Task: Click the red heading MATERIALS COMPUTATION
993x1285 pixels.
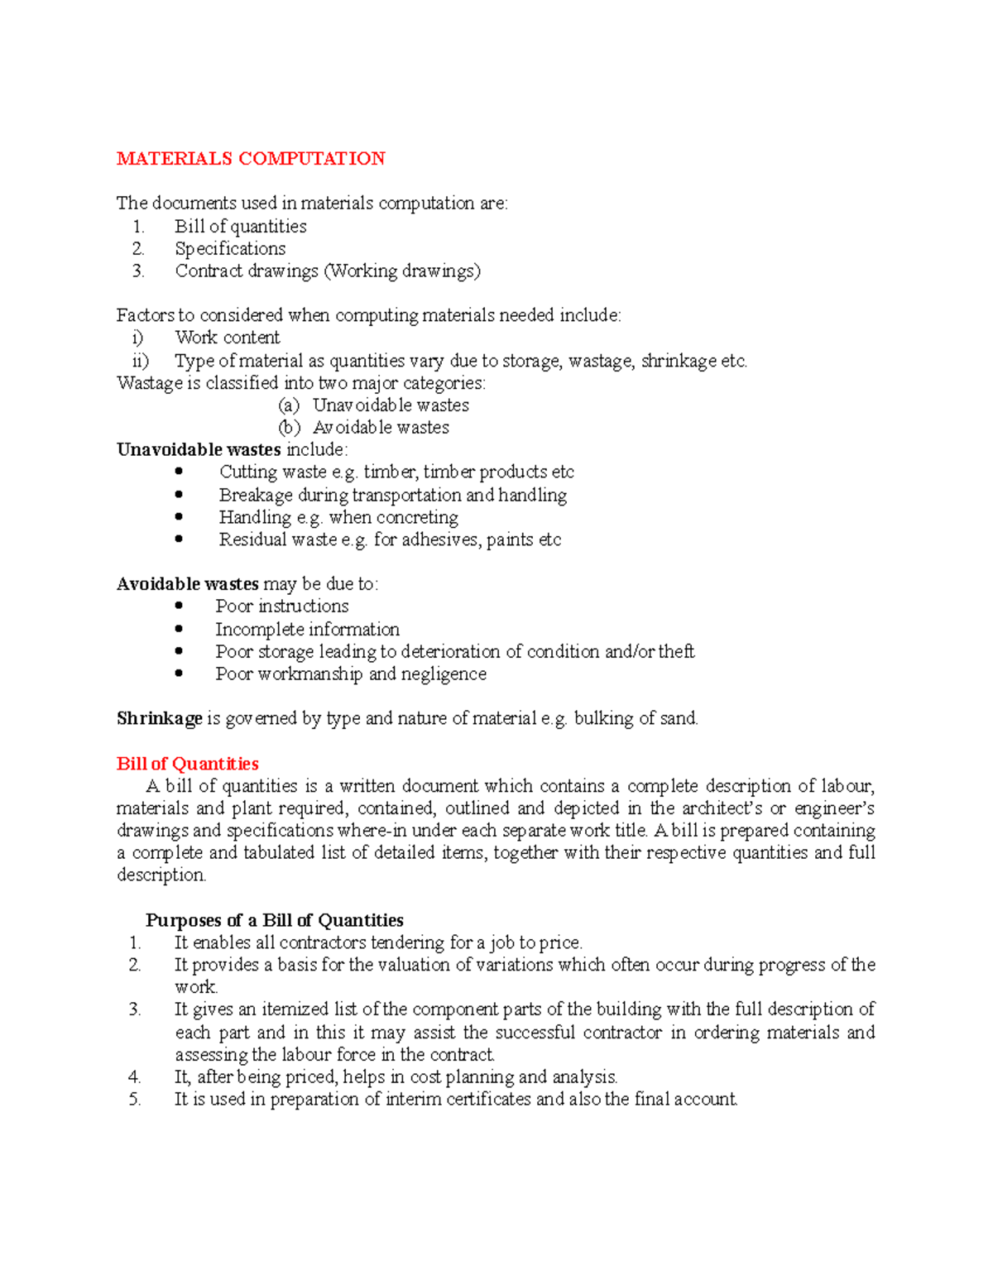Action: click(x=251, y=159)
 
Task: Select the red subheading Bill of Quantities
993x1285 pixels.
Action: click(x=187, y=764)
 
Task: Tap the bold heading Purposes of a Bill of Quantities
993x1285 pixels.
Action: click(x=274, y=920)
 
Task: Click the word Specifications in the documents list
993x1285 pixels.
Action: click(x=230, y=249)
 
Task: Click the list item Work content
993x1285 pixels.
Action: click(x=228, y=338)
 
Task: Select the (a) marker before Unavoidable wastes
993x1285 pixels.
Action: click(x=289, y=405)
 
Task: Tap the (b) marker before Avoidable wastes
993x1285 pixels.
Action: click(x=289, y=428)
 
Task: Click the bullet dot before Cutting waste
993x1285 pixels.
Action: click(x=179, y=472)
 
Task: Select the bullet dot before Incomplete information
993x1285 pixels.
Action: click(x=179, y=629)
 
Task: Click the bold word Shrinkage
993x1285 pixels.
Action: click(x=159, y=718)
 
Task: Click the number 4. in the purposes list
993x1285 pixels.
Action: click(x=135, y=1077)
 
